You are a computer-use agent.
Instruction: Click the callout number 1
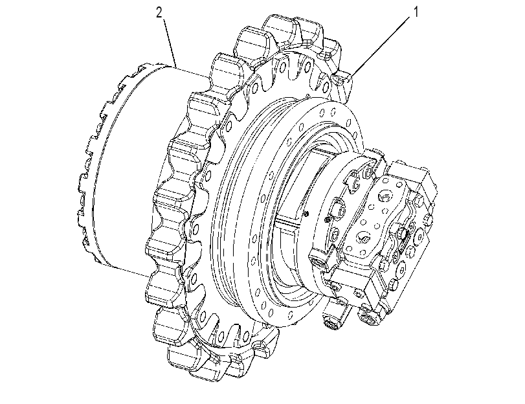(416, 12)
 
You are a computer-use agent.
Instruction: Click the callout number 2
(159, 13)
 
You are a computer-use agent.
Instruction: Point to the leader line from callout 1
(381, 47)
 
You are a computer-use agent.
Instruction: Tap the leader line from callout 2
(170, 42)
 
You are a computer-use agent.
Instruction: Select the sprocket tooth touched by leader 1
(342, 84)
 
